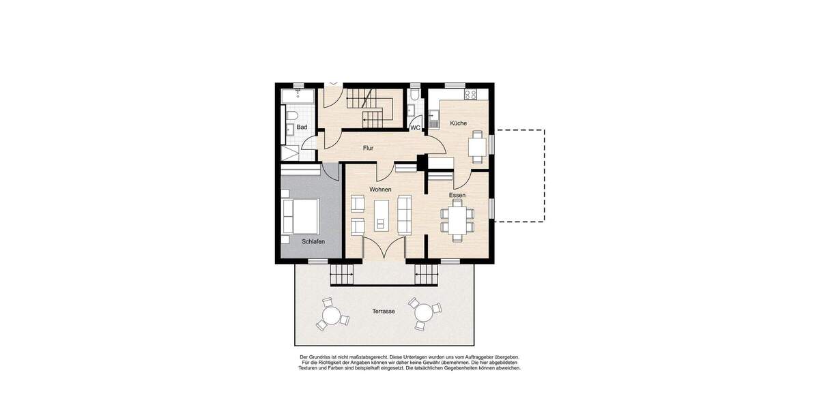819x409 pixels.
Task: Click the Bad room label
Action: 302,127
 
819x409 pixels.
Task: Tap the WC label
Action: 415,127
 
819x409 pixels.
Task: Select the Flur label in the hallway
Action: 368,147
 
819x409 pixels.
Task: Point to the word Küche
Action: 458,123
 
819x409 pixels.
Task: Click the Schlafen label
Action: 313,241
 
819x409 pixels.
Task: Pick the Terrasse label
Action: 384,311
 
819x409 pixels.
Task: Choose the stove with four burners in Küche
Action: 471,95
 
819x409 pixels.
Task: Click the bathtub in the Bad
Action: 298,95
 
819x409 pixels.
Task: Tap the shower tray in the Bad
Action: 291,152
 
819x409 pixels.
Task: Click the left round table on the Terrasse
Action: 332,316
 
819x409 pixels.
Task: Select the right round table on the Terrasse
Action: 424,313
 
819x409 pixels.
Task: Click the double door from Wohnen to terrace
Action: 377,249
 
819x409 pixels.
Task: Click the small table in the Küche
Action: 476,147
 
